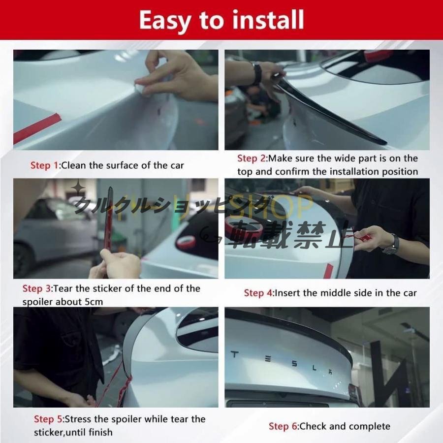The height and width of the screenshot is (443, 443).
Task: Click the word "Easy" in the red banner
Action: click(x=165, y=20)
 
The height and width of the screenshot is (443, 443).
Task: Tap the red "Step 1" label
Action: click(x=44, y=165)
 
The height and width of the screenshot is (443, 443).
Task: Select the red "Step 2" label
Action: click(x=252, y=158)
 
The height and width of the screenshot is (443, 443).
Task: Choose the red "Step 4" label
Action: click(x=258, y=293)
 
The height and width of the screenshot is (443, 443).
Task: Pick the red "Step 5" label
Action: click(x=48, y=419)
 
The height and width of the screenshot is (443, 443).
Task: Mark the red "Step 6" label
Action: click(x=283, y=426)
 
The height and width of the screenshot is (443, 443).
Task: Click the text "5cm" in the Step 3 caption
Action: click(x=94, y=302)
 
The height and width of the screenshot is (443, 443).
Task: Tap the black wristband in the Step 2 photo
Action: click(x=257, y=73)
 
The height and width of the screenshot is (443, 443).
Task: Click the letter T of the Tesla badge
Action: click(x=234, y=354)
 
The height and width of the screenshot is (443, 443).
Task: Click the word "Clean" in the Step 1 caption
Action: click(x=73, y=165)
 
